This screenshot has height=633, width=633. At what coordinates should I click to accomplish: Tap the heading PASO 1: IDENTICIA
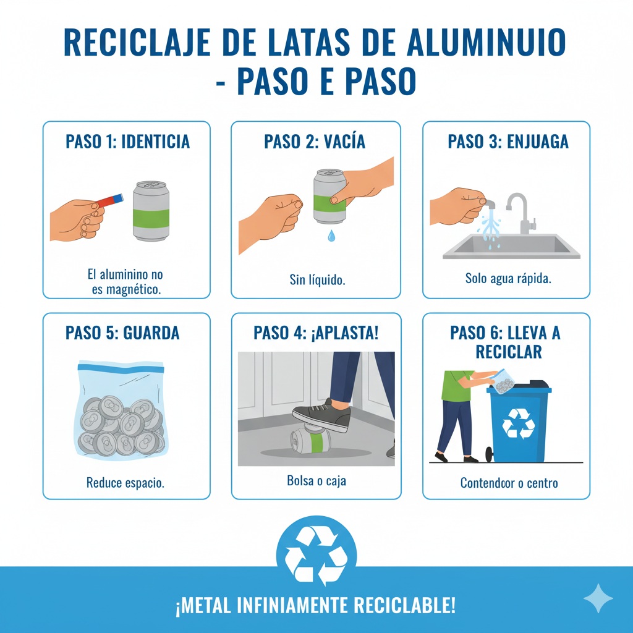tap(127, 142)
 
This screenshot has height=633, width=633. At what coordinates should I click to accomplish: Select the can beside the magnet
tap(151, 211)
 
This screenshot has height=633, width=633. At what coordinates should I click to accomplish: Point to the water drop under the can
tap(331, 236)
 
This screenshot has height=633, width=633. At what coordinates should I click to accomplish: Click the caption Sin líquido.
tap(317, 280)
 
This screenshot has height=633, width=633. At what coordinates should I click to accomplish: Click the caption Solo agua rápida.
tap(508, 279)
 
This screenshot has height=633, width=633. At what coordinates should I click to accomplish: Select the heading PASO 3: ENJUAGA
tap(508, 142)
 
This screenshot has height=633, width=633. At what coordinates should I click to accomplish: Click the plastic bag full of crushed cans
tap(121, 411)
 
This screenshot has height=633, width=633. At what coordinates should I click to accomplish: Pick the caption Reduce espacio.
tap(125, 483)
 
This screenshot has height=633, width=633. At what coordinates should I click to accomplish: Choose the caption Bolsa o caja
tap(316, 480)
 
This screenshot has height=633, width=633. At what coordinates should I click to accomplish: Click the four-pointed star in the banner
tap(598, 598)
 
